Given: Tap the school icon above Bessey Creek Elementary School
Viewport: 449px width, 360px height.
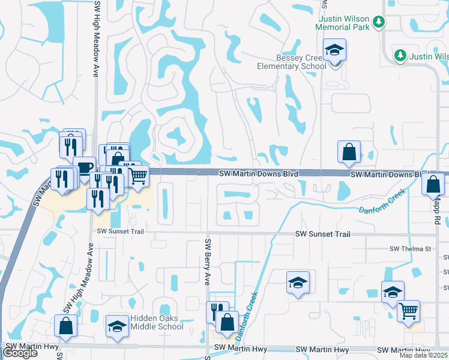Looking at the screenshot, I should point(334,50).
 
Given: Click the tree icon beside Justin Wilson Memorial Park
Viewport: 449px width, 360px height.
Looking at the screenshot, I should point(378,22).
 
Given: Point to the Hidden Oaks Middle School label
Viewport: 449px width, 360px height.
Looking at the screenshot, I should point(157,323).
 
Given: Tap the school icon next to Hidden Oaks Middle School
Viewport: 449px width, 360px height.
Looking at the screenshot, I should point(117,326).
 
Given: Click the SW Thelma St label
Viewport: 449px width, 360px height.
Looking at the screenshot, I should point(411,248).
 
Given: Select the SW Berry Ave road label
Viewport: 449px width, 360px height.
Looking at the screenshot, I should point(208,262).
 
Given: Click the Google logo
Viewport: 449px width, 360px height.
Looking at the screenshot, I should point(20,353).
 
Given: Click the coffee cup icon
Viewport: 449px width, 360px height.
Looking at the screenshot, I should point(84,167).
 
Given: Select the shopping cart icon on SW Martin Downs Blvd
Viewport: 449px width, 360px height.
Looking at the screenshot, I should point(138,176).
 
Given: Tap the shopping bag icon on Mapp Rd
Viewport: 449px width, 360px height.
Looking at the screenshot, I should point(433,183).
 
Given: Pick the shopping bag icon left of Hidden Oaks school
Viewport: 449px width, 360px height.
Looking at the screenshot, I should point(65,326).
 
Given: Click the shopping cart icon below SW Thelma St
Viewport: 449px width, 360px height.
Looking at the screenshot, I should point(408,311).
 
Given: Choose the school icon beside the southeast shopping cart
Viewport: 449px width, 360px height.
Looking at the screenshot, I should point(393,293).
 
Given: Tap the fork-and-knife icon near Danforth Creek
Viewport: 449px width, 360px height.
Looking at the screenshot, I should point(217,312).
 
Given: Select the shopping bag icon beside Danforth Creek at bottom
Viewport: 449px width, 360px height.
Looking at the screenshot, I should point(227,322).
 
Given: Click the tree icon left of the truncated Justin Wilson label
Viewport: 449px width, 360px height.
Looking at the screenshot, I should point(400,56).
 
